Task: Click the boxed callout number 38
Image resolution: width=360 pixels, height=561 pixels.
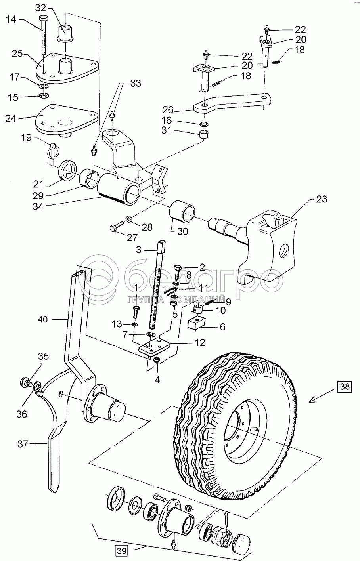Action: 345,386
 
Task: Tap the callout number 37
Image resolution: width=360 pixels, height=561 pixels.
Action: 23,444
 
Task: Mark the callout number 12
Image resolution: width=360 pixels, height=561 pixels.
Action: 200,342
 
